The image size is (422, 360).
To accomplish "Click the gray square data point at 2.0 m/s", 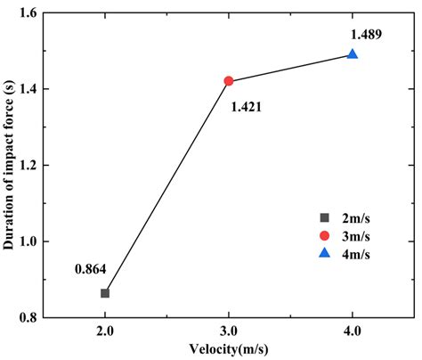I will (105, 293).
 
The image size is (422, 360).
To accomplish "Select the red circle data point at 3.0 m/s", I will (229, 80).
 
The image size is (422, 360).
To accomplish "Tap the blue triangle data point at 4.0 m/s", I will (353, 54).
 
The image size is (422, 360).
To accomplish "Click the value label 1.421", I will (247, 107).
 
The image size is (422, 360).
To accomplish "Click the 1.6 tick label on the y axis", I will (28, 14).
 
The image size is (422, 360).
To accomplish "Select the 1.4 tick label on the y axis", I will (28, 90).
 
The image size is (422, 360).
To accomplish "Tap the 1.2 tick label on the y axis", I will (28, 166).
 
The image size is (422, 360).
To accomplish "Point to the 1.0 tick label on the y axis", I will (28, 241).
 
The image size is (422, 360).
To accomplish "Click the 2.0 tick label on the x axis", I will (105, 331).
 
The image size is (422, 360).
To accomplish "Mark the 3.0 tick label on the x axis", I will (229, 331).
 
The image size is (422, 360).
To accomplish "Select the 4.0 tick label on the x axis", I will (353, 331).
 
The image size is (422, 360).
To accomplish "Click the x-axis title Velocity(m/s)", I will (229, 349).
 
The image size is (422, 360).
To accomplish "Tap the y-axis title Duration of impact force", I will (9, 165).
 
